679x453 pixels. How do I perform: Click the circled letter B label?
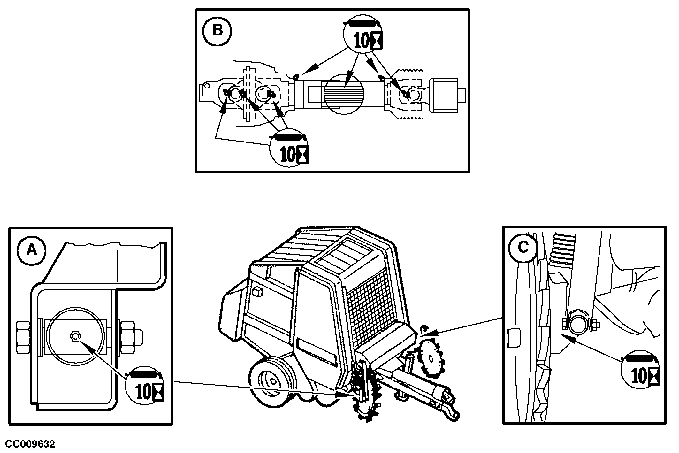click(x=217, y=31)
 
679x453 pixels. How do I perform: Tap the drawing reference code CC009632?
click(x=30, y=444)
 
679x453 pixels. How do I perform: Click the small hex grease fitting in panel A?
click(x=75, y=336)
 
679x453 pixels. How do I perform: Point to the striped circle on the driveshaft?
click(x=344, y=93)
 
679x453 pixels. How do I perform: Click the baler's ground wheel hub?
click(x=272, y=380)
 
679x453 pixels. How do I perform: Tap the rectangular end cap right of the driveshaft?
click(x=444, y=95)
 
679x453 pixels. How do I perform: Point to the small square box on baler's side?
click(x=257, y=292)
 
